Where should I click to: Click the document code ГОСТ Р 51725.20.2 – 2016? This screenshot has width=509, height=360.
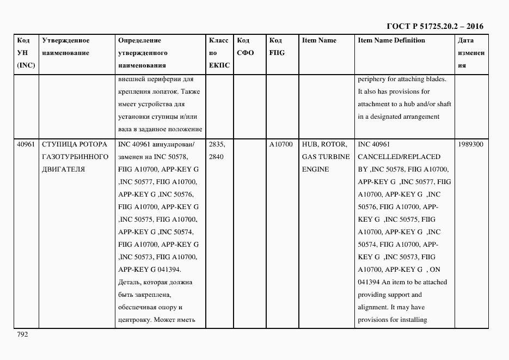434,26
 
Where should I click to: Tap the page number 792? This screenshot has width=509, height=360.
22,334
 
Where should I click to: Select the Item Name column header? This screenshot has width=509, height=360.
319,40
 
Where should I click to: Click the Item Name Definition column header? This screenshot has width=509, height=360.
391,40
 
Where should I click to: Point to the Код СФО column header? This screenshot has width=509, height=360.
246,47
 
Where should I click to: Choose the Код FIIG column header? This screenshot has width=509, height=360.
277,47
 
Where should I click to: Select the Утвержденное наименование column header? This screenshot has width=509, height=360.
66,47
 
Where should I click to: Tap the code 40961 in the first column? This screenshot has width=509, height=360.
26,144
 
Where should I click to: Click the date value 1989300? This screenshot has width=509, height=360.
471,144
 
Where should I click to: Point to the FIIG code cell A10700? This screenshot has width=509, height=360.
281,144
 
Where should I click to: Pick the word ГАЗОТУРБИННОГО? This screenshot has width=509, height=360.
75,157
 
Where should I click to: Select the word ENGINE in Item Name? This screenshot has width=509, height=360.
315,169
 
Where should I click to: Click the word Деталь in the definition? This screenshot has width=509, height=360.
128,282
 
